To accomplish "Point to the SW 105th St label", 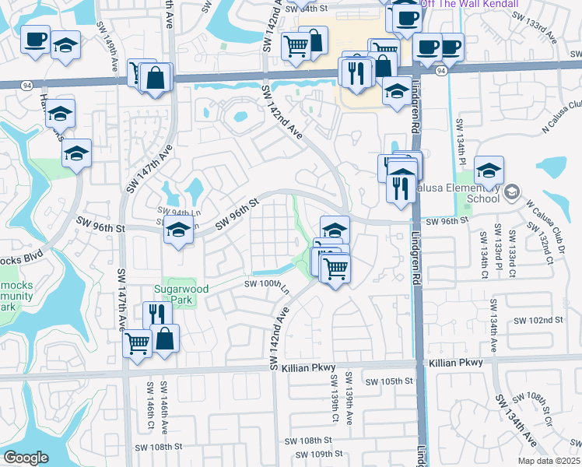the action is click(x=389, y=381).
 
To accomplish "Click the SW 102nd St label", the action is click(x=537, y=320).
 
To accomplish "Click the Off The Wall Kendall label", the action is click(x=469, y=4).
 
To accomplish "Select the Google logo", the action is click(x=26, y=458).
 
